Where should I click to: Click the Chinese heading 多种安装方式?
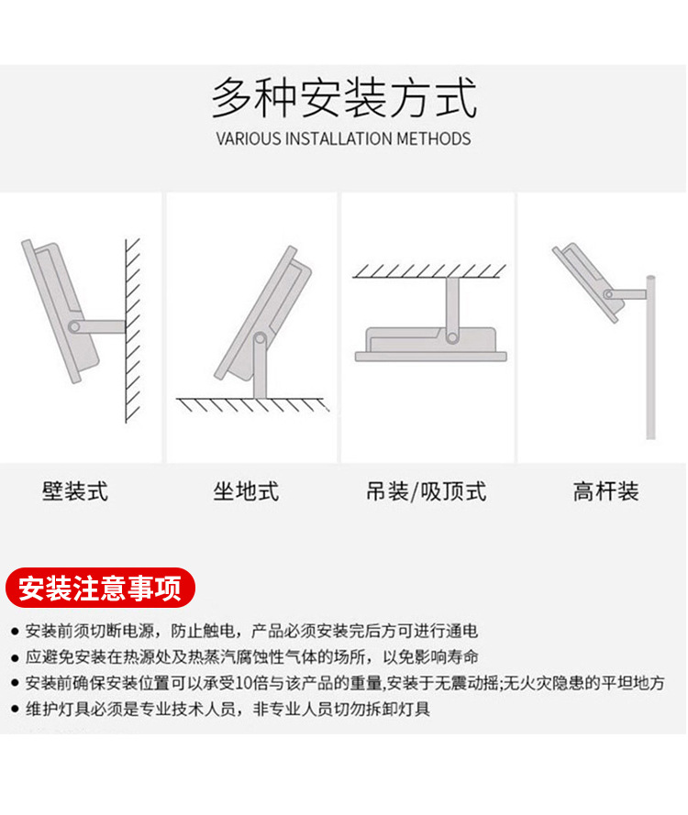coord(344,99)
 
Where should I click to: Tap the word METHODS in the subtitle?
coord(433,139)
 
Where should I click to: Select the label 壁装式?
coord(75,492)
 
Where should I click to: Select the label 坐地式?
coord(246,492)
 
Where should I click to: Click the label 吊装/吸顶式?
coord(426,492)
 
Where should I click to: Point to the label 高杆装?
coord(605,492)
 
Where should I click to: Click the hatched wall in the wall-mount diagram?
coord(133,330)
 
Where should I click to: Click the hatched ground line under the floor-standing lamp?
coord(252,404)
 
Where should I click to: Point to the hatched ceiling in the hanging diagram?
coord(429,270)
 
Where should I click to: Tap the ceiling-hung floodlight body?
coord(428,344)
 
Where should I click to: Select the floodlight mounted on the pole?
coord(587,280)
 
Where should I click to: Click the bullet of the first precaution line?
coord(15,632)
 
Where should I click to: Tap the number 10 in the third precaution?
coord(245,683)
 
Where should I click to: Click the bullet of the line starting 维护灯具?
coord(15,709)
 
